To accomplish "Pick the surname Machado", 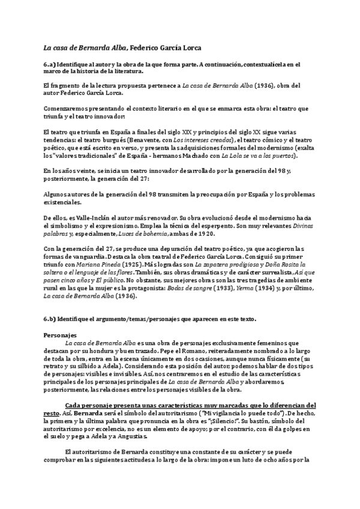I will [x=187, y=157].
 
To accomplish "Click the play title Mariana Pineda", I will [x=100, y=264].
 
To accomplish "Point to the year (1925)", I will [x=132, y=264].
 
